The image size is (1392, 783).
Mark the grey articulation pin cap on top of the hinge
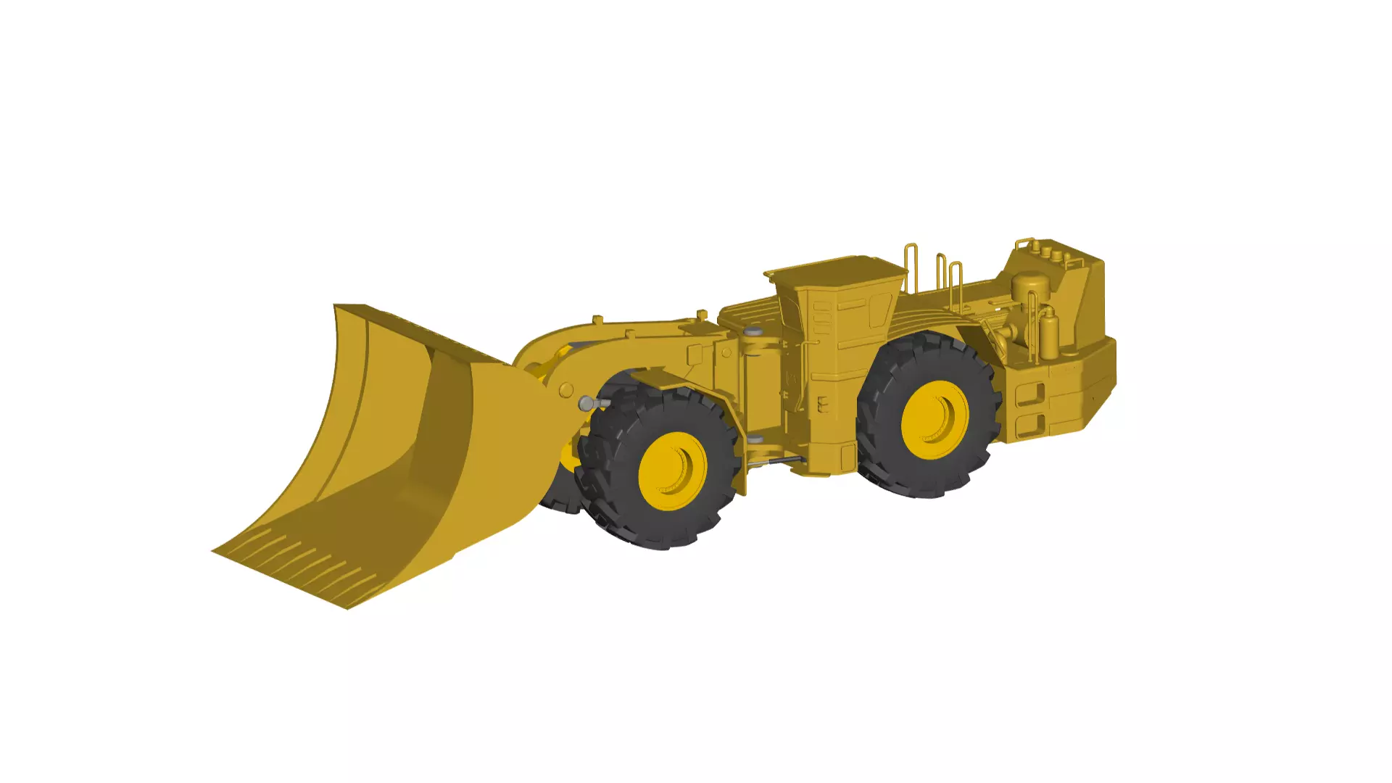click(x=754, y=331)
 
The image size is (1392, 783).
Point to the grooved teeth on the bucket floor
click(x=304, y=558)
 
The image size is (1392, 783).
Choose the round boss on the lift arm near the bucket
click(x=566, y=391)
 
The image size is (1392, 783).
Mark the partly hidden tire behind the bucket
click(x=558, y=497)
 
